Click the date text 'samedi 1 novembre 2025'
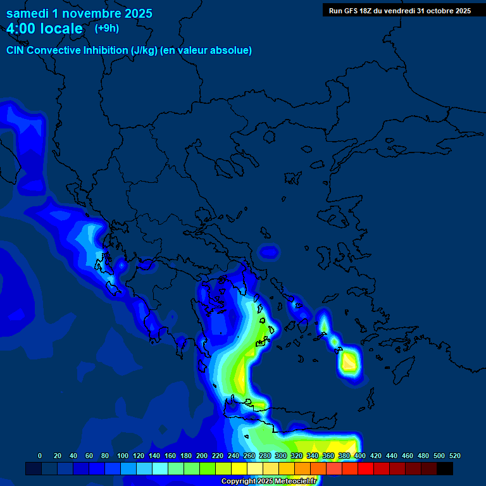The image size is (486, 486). (x=79, y=13)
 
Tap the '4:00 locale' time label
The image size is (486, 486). (x=44, y=29)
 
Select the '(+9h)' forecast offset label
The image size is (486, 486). (x=106, y=28)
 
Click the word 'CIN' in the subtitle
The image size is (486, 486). (x=16, y=51)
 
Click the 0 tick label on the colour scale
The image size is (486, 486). (x=40, y=456)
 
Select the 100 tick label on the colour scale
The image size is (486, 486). (x=122, y=456)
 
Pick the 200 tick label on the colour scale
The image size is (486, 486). (x=202, y=456)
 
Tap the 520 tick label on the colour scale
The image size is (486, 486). (x=454, y=456)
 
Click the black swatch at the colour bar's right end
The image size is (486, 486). (x=445, y=469)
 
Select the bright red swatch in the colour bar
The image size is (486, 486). (x=366, y=469)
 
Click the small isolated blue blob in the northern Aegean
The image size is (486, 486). (x=269, y=252)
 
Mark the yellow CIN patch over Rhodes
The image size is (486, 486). (x=349, y=363)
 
